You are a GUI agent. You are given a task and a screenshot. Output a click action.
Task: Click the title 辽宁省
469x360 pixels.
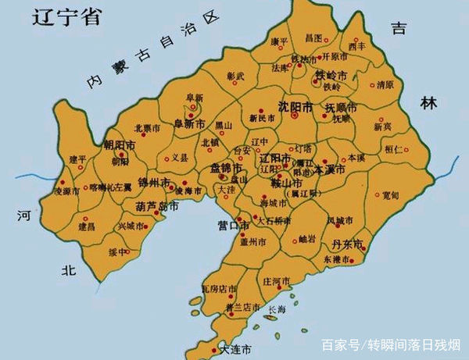[66, 18]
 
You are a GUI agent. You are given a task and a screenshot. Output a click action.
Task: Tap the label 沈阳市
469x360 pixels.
[296, 106]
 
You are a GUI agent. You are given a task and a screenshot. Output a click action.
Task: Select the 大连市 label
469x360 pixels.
[235, 348]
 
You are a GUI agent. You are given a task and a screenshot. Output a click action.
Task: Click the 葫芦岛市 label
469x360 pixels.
[157, 208]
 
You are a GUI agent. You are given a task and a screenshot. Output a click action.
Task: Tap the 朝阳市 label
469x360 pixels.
[120, 147]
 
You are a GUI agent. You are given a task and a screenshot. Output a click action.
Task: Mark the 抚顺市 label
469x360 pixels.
[341, 107]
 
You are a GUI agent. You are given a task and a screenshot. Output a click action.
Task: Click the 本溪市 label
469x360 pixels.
[329, 169]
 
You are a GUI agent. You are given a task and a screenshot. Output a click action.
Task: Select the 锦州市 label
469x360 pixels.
[153, 183]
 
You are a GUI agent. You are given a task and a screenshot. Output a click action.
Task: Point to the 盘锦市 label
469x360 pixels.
[227, 168]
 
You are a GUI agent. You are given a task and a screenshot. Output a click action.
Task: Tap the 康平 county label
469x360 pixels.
[280, 40]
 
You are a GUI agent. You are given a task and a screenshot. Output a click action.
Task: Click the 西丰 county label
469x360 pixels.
[357, 47]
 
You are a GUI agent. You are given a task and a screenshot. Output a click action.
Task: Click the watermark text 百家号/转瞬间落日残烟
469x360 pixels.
[392, 344]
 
